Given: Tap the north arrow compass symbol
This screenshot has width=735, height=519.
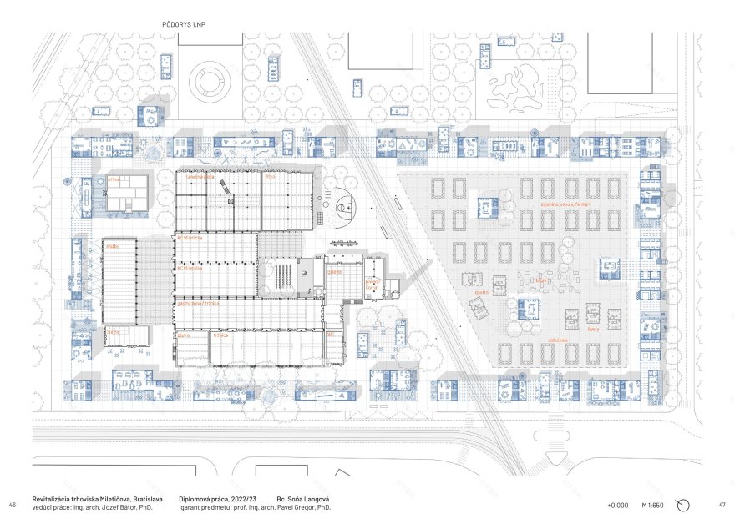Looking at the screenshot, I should coord(682,505).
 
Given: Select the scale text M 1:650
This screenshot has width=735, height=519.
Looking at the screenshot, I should coord(653,506).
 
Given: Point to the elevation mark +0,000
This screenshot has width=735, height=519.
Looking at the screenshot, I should coord(618,506).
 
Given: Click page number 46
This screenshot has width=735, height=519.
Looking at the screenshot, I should coord(13,506).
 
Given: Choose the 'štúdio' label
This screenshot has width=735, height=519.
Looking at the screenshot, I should coord(112,247).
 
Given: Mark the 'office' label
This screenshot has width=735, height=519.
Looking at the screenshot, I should coord(114,179).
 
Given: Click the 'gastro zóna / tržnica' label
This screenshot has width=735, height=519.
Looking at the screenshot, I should coord(198,303).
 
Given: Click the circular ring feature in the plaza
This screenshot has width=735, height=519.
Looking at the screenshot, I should coord(209,81).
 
